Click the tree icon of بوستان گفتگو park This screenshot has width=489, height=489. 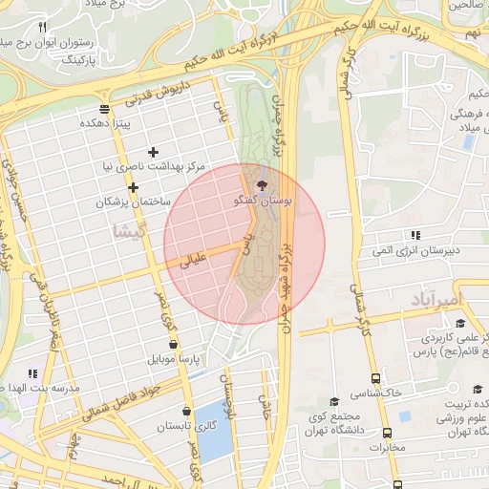[264, 184]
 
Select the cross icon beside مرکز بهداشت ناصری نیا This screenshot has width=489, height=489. [153, 152]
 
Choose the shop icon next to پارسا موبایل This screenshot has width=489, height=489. [172, 344]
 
